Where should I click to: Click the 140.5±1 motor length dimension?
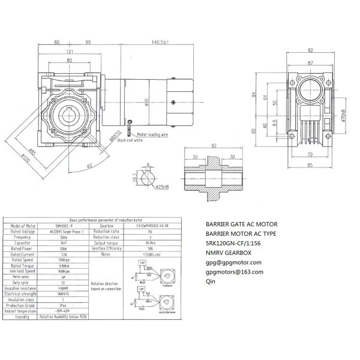(x=160, y=43)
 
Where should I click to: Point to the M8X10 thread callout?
(x=115, y=133)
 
